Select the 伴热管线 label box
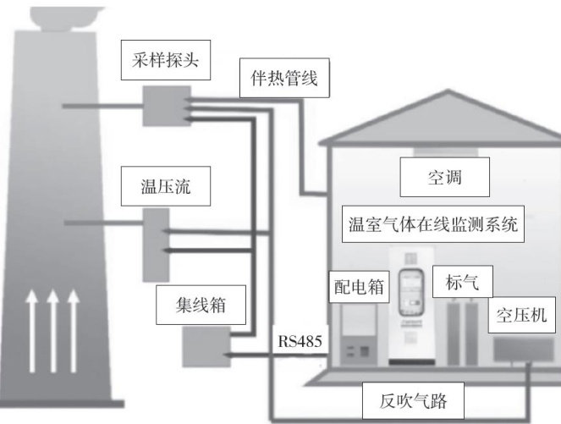[279, 78]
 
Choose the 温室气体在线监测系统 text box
[433, 226]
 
